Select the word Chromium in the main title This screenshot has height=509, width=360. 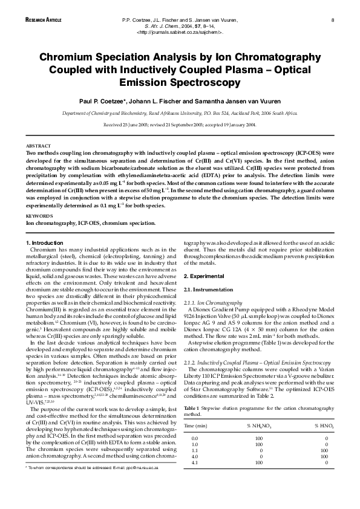click(x=67, y=58)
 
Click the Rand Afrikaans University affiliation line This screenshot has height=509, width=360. click(x=180, y=113)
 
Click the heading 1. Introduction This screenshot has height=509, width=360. click(x=46, y=243)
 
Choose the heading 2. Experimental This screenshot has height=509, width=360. click(x=204, y=276)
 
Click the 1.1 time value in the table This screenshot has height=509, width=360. click(x=194, y=467)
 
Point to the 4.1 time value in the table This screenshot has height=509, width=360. click(x=194, y=479)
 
